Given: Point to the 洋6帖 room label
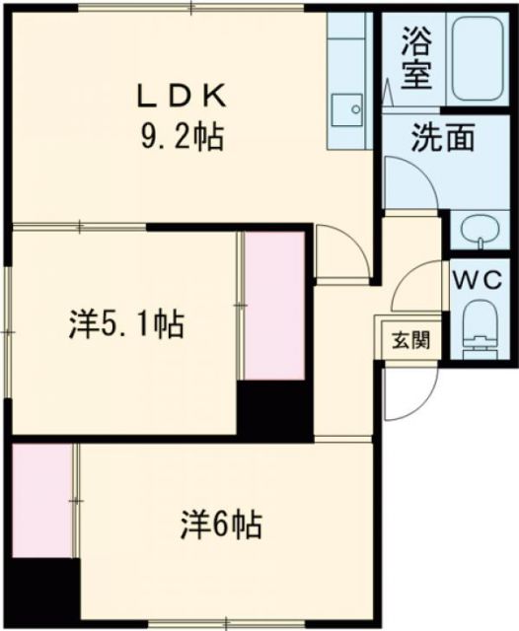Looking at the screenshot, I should pyautogui.click(x=221, y=524).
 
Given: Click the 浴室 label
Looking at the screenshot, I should pyautogui.click(x=415, y=60).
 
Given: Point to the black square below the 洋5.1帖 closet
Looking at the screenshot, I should pyautogui.click(x=274, y=408).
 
